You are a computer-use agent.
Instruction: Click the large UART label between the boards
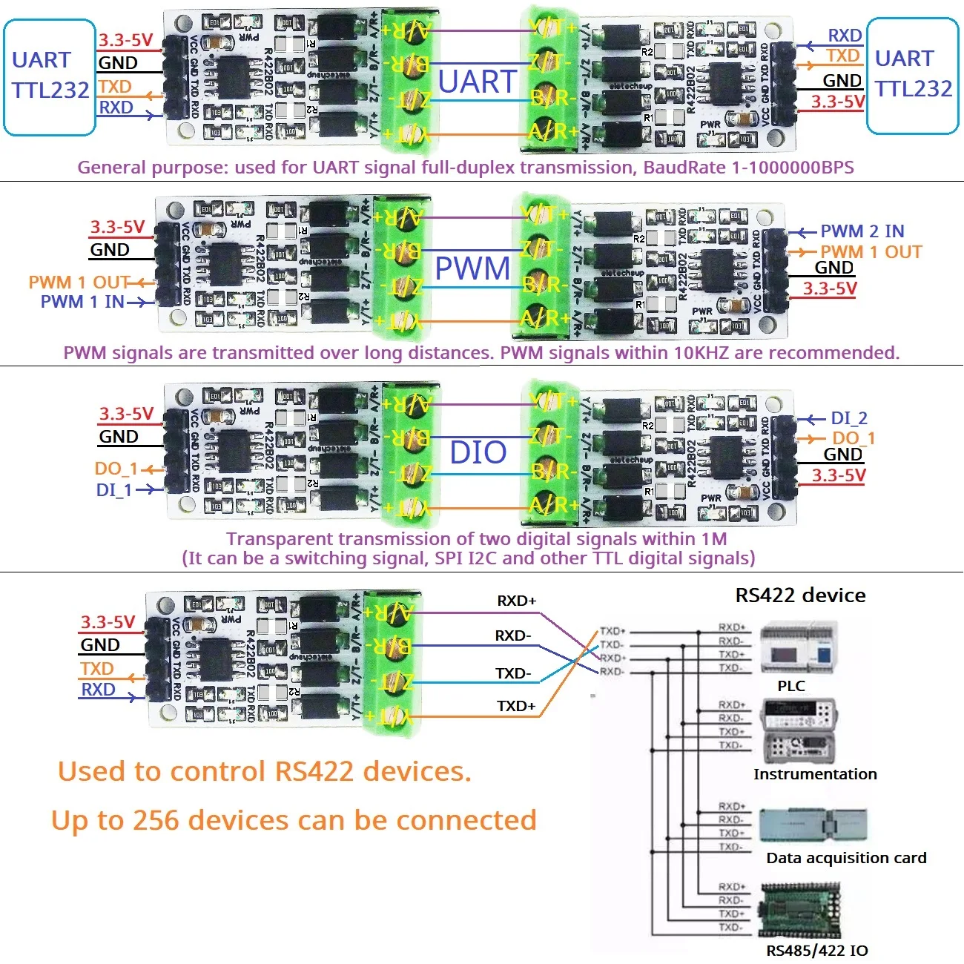coord(477,82)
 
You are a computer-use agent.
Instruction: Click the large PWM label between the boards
coord(472,268)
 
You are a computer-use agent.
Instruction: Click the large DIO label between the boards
coord(478,452)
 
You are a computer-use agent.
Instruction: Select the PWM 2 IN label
coord(862,231)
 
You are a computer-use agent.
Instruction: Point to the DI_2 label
coord(848,418)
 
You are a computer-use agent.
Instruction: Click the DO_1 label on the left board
coord(116,469)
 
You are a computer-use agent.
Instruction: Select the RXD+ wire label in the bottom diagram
coord(516,601)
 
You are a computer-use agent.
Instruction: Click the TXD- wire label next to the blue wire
coord(513,673)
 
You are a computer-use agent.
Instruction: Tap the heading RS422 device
coord(800,595)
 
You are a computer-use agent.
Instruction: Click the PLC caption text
coord(791,686)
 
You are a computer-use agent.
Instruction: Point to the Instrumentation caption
coord(815,774)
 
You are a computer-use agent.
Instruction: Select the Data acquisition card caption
coord(846,858)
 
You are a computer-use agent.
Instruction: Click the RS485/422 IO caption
coord(816,951)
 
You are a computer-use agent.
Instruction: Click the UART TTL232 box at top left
coord(50,77)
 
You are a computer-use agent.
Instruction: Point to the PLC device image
coord(798,650)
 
